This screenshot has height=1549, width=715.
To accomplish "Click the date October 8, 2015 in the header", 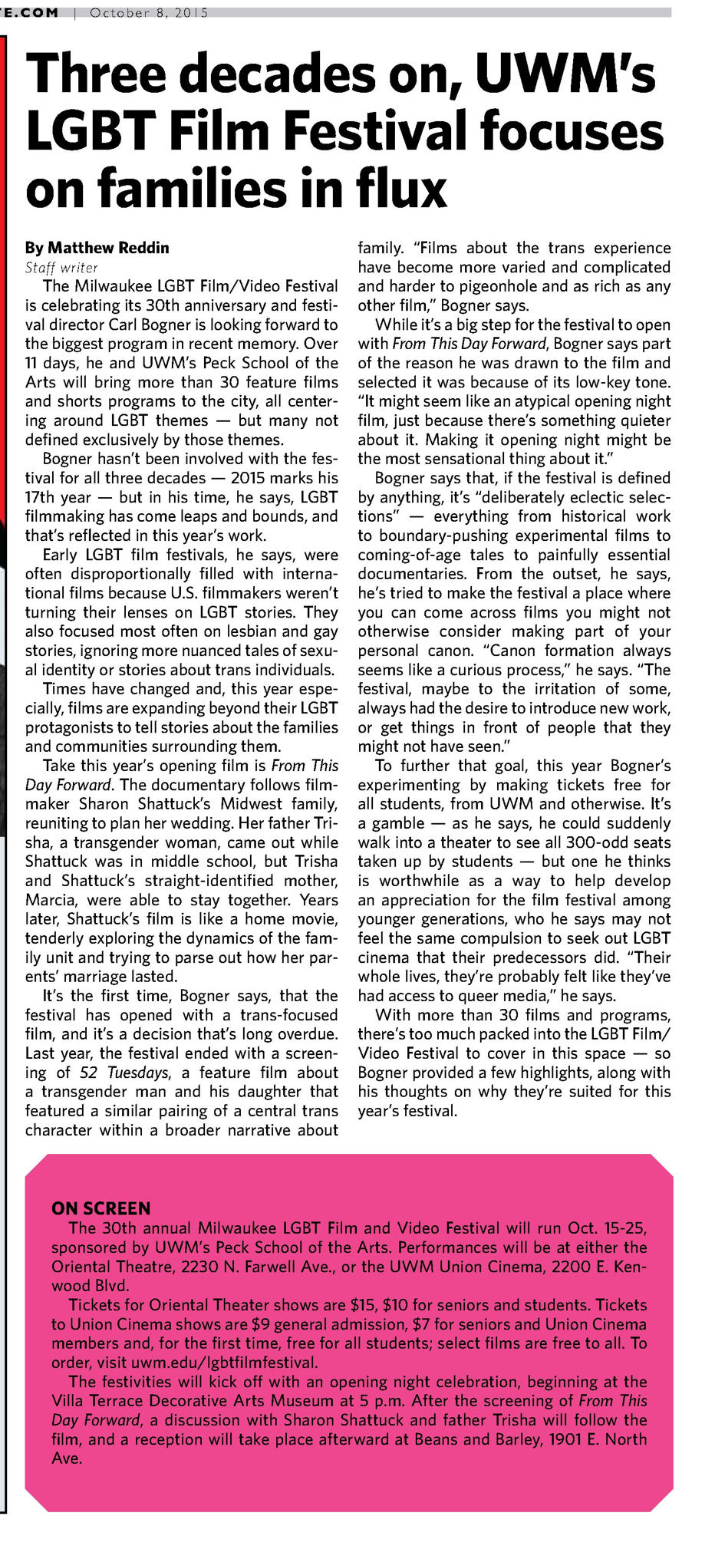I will [x=149, y=13].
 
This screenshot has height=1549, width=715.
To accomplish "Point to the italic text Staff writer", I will [x=61, y=268].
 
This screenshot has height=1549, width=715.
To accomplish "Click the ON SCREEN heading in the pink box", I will [x=101, y=1208].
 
